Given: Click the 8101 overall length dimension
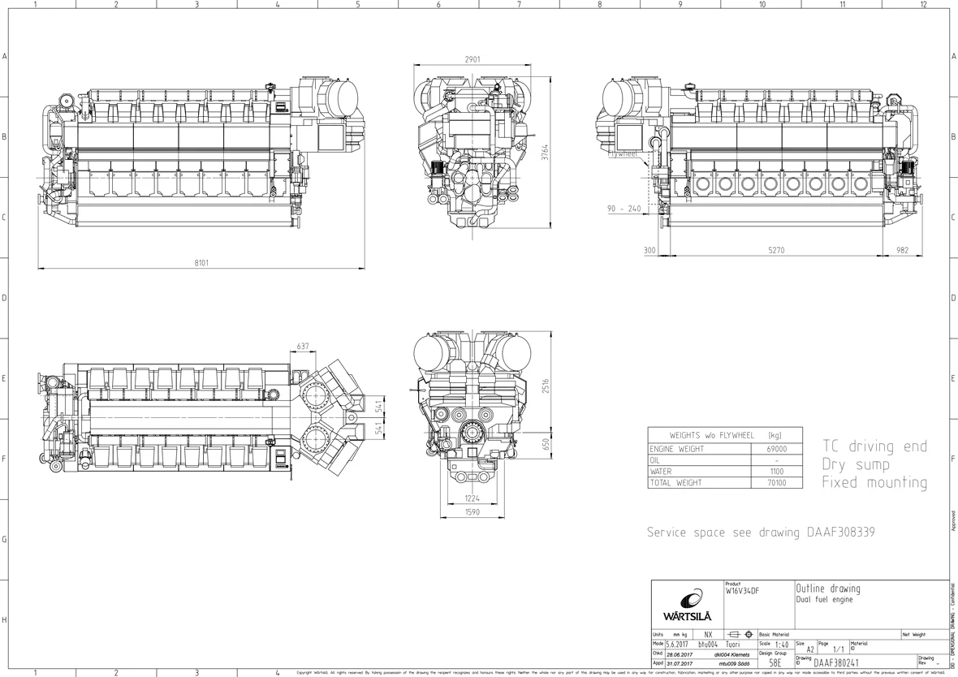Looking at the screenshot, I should pos(201,263).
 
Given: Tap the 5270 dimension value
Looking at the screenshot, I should pos(776,251).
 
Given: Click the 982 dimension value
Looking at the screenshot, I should pos(902,251).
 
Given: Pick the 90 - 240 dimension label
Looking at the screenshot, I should pos(624,209).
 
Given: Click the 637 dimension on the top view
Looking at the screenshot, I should pos(303,347).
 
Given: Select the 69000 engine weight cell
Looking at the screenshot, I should pos(776,449).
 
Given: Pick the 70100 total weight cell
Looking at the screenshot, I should pos(776,483).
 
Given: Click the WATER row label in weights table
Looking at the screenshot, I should pos(661,472).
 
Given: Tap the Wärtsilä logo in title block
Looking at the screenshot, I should pos(687,605).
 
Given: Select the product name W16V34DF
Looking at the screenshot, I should pos(743,591).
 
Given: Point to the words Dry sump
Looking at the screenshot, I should pos(856,465).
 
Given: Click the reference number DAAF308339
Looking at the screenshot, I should pos(840,533).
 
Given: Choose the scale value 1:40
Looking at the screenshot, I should pos(780,645).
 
